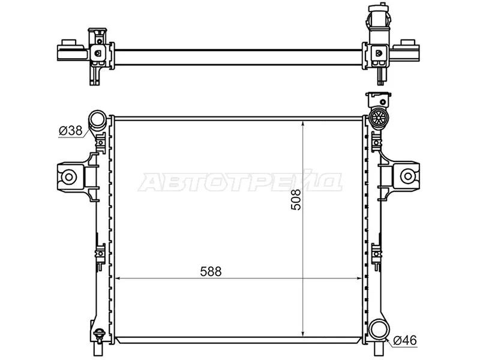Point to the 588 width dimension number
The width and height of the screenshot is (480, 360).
[211, 271]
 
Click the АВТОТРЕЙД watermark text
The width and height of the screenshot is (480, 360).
[240, 182]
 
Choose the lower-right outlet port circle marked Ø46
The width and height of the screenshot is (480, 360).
[379, 329]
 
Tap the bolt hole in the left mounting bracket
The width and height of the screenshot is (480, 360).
[69, 176]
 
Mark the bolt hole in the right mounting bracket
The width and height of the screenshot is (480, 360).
[407, 176]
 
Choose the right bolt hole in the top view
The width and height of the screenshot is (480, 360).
[379, 52]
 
